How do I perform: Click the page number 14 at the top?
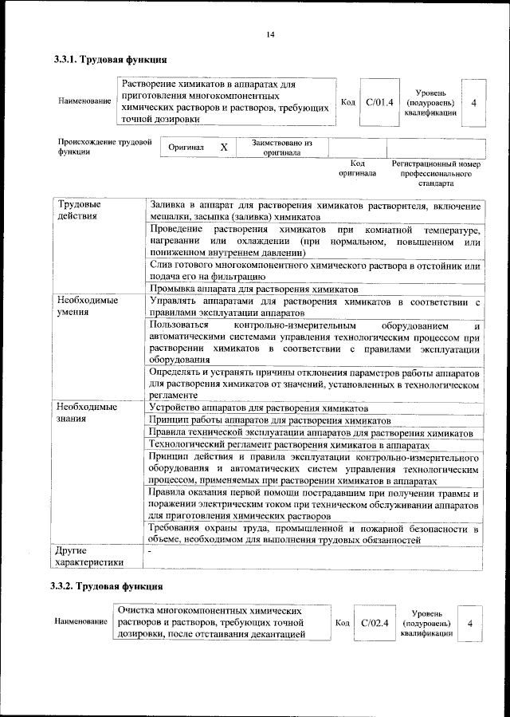click(x=270, y=33)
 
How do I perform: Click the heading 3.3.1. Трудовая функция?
click(x=109, y=59)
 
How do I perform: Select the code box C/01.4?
click(x=379, y=102)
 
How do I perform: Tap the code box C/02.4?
click(x=374, y=623)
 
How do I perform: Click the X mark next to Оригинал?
click(x=224, y=148)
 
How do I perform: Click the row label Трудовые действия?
click(x=77, y=210)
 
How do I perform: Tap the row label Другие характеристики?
click(x=90, y=556)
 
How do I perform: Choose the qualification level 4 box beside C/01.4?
click(x=474, y=102)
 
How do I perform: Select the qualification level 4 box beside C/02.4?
click(x=470, y=623)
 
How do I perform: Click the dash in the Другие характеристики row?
click(x=149, y=550)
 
